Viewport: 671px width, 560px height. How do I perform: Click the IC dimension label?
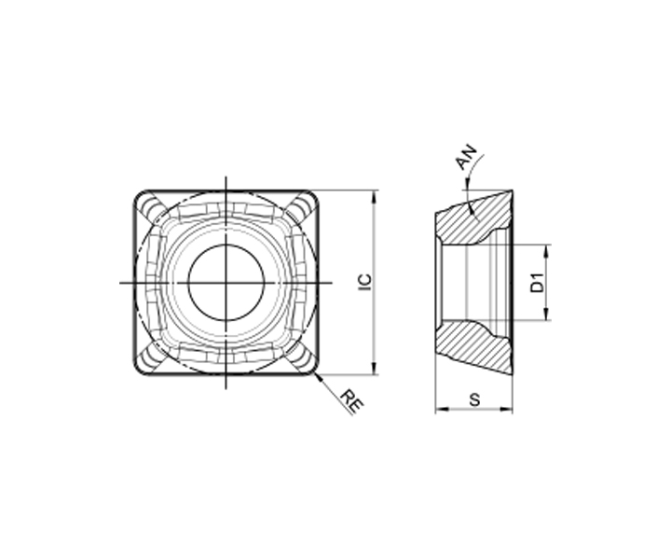364,283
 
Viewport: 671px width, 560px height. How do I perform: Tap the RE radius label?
352,401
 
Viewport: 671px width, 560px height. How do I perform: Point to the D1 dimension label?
537,283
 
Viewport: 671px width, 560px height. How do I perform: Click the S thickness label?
474,399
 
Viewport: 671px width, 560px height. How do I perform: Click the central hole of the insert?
226,283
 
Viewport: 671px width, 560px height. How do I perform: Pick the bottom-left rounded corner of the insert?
142,368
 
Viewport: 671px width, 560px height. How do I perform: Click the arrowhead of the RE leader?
318,376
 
